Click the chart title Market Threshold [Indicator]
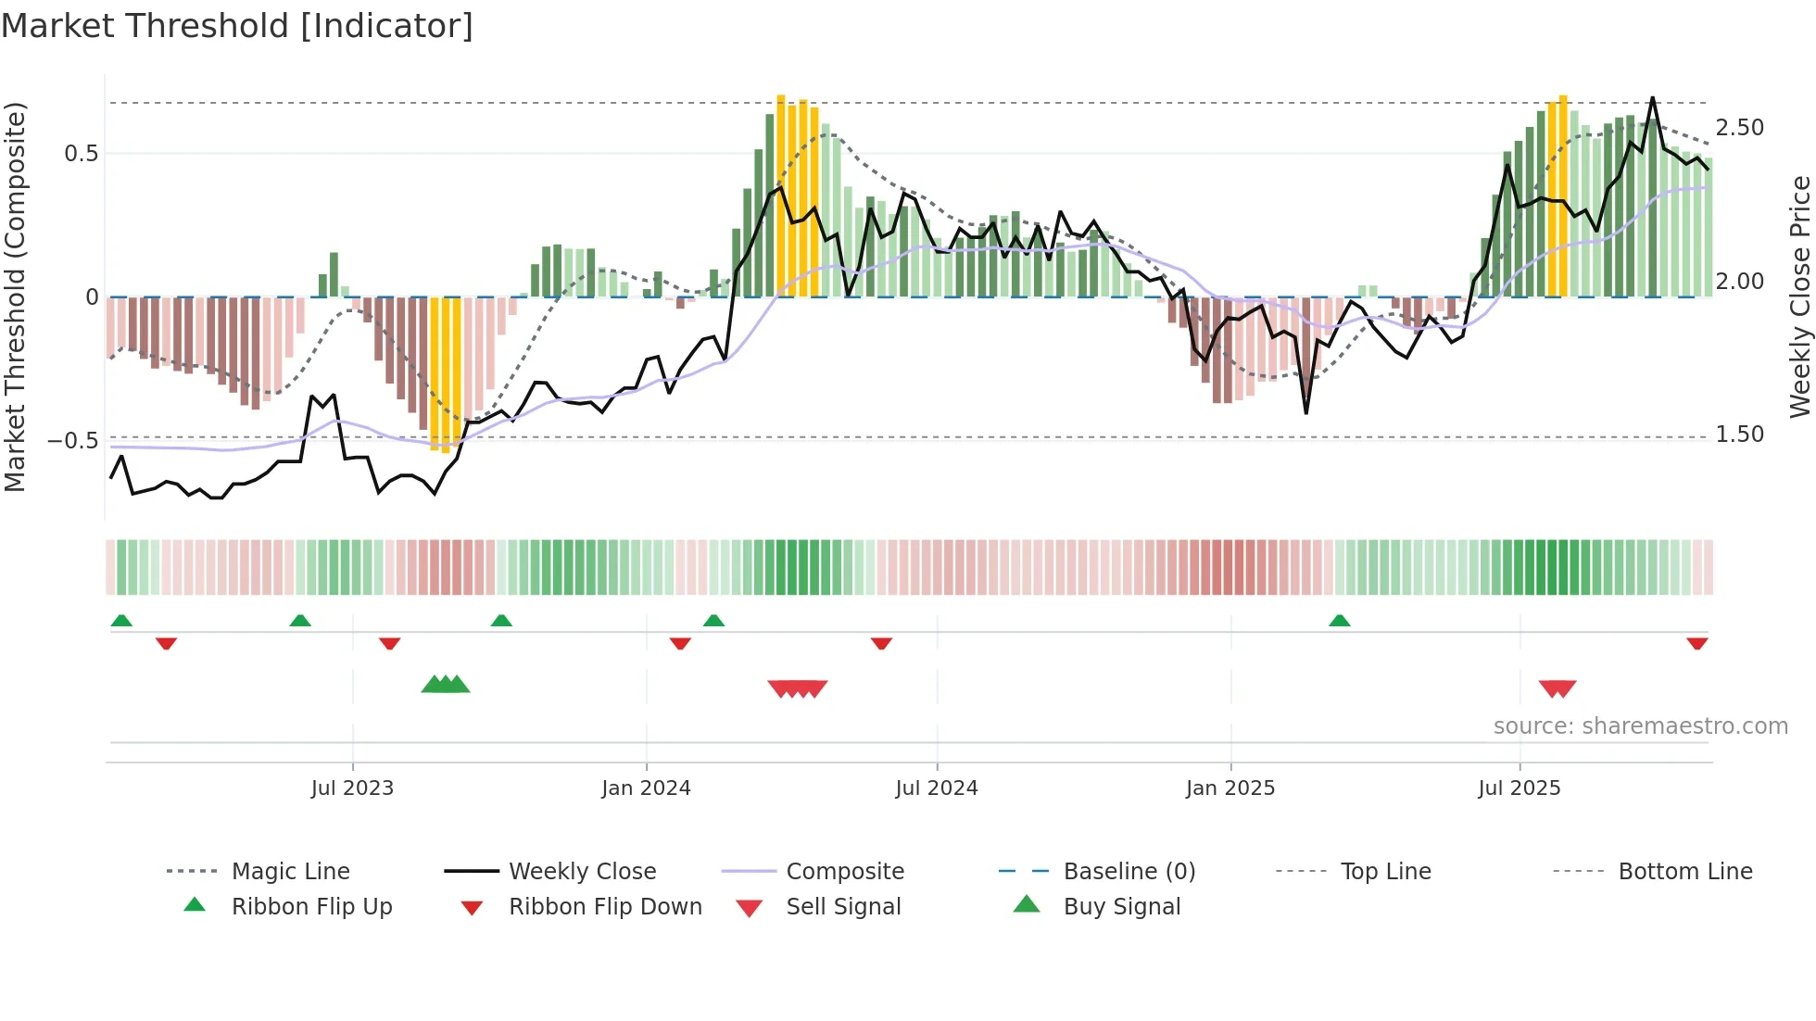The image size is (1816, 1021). [x=237, y=26]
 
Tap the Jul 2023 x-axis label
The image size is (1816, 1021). [x=352, y=788]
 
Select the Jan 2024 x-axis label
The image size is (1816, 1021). [x=646, y=788]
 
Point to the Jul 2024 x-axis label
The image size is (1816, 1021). [x=936, y=788]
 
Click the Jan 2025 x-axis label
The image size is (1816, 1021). [x=1230, y=788]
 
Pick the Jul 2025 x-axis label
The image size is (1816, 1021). [x=1519, y=788]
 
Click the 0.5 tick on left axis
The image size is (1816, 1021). [x=82, y=154]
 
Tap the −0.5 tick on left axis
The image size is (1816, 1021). [x=73, y=440]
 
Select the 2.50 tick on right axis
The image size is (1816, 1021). [x=1739, y=128]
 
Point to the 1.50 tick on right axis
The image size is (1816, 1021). [x=1739, y=435]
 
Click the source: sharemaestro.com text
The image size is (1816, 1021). [x=1640, y=726]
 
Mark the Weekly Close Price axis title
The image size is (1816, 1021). [x=1799, y=296]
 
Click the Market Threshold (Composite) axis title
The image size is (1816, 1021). [x=15, y=296]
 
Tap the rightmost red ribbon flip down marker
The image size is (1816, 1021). [x=1696, y=643]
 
